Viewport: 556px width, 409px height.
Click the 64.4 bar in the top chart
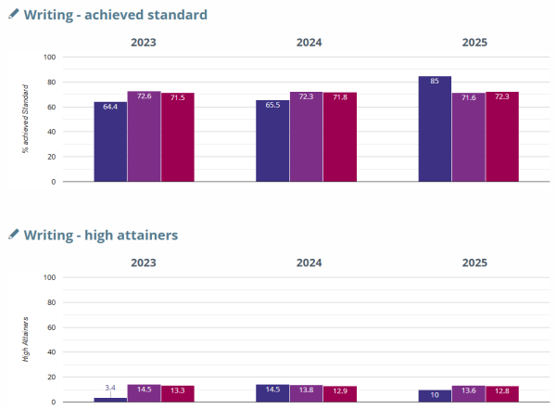click(110, 141)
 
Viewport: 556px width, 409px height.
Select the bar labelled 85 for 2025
click(435, 129)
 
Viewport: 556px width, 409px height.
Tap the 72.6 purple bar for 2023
click(144, 136)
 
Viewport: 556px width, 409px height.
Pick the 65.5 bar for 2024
click(272, 140)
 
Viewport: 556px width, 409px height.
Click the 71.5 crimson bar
click(177, 137)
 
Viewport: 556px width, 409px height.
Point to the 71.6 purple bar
click(468, 137)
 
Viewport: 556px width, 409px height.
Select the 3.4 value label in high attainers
click(110, 387)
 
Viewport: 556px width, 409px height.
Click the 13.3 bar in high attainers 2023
click(177, 393)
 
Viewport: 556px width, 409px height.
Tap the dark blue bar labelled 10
click(435, 396)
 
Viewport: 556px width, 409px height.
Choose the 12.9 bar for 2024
click(340, 394)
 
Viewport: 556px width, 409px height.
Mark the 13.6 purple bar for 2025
click(468, 393)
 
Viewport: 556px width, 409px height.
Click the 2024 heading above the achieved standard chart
click(309, 43)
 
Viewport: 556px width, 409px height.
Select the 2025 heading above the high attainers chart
click(474, 262)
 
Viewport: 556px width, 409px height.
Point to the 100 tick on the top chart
click(51, 58)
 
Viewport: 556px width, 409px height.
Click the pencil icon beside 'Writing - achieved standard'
click(13, 14)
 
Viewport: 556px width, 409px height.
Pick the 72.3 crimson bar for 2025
click(502, 136)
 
